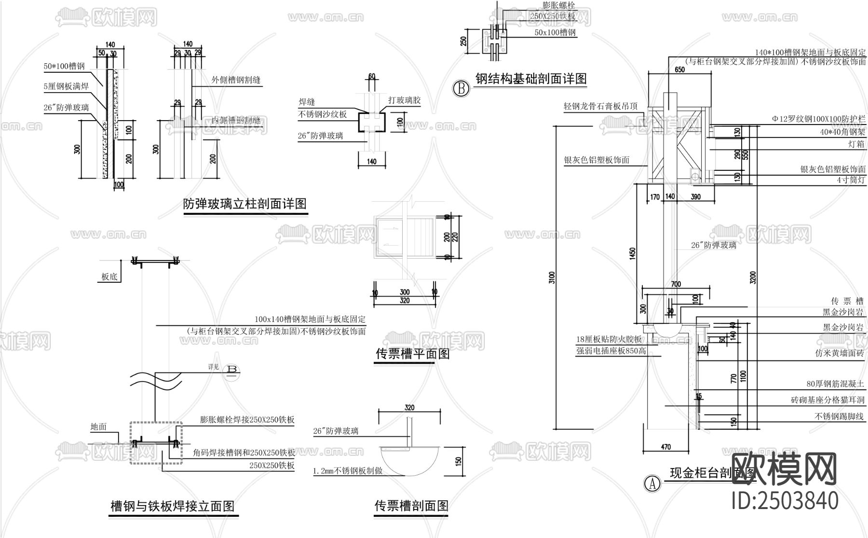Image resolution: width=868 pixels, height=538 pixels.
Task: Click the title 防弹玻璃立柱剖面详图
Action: pos(244,204)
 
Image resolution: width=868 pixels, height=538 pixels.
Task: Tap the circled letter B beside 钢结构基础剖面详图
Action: pos(461,89)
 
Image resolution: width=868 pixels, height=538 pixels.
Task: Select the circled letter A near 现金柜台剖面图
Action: pos(652,483)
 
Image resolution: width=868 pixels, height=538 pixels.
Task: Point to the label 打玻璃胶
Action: pos(405,100)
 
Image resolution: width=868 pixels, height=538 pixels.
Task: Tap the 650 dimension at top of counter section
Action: pos(679,69)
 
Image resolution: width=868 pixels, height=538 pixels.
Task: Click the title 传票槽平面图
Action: pos(412,354)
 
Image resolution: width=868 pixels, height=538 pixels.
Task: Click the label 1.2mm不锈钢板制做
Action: pos(348,470)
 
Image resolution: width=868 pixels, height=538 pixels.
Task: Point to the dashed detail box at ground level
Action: pos(155,442)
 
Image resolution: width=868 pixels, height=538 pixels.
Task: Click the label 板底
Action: pos(109,277)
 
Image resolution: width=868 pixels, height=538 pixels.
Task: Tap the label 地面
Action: pos(98,427)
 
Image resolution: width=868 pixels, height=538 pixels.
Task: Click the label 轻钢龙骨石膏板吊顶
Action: pos(600,106)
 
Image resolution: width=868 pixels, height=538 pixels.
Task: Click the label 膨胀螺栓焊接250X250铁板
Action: pos(247,420)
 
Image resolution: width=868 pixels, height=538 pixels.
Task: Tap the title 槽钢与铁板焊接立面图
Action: pos(173,506)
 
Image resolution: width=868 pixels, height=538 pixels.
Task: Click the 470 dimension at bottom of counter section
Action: pos(665,447)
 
